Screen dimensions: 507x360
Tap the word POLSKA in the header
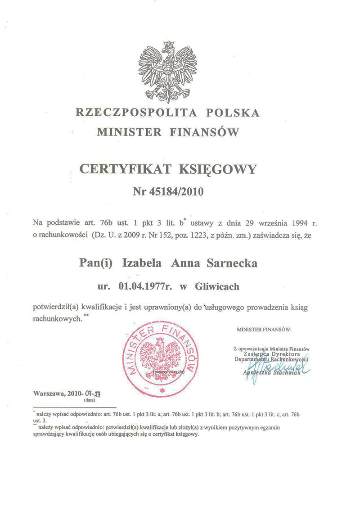coord(233,113)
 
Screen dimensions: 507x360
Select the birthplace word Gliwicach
coord(217,286)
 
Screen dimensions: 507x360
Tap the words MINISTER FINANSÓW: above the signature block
coord(264,329)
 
